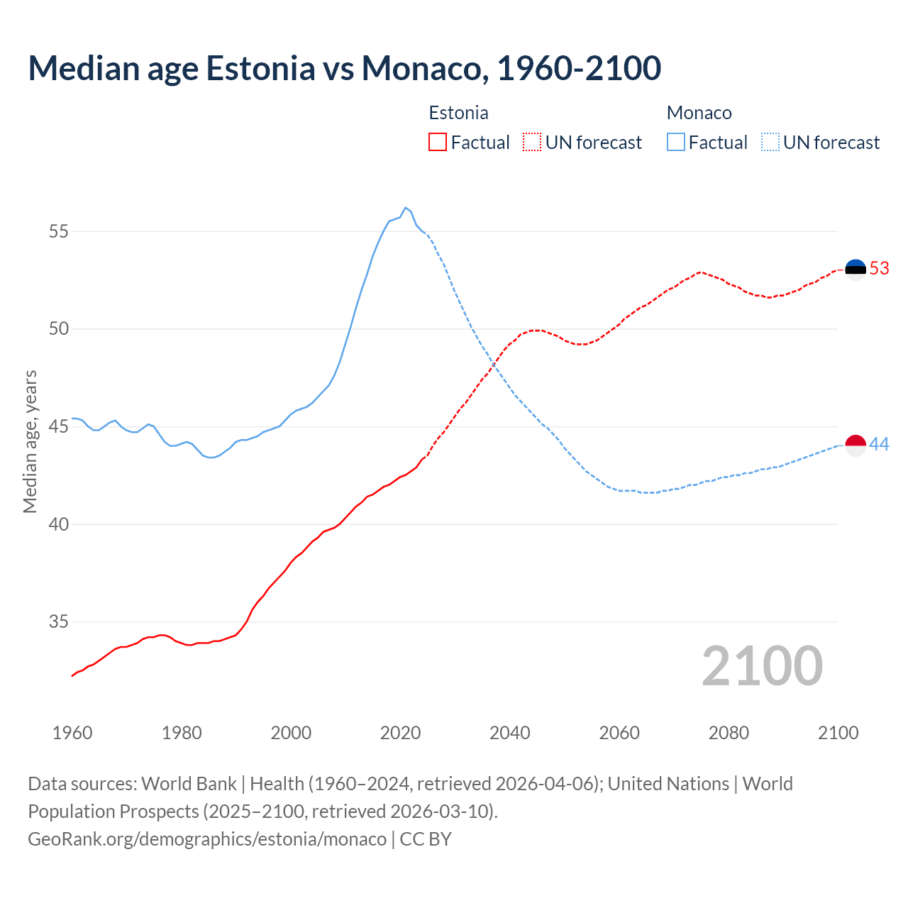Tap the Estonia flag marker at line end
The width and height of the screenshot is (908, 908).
coord(856,269)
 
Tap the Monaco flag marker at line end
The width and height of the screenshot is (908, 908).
coord(856,445)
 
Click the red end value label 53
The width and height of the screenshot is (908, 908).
coord(879,269)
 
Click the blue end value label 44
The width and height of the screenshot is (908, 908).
coord(879,445)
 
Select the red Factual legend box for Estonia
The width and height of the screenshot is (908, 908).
coord(438,142)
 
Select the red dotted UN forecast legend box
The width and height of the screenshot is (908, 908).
coord(532,142)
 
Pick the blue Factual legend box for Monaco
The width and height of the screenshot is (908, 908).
coord(676,142)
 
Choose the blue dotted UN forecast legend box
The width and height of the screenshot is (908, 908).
coord(770,142)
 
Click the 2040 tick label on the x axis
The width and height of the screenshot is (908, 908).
coord(509,733)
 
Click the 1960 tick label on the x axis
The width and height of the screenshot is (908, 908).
coord(72,733)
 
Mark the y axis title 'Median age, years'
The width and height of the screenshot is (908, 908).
coord(30,441)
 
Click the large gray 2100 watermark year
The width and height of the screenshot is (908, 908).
coord(762,666)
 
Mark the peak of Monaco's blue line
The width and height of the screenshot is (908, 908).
coord(405,208)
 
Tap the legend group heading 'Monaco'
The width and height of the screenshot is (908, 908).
coord(699,113)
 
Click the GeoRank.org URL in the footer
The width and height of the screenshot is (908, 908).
coord(207,838)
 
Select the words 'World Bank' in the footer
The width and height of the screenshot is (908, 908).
coord(189,784)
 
